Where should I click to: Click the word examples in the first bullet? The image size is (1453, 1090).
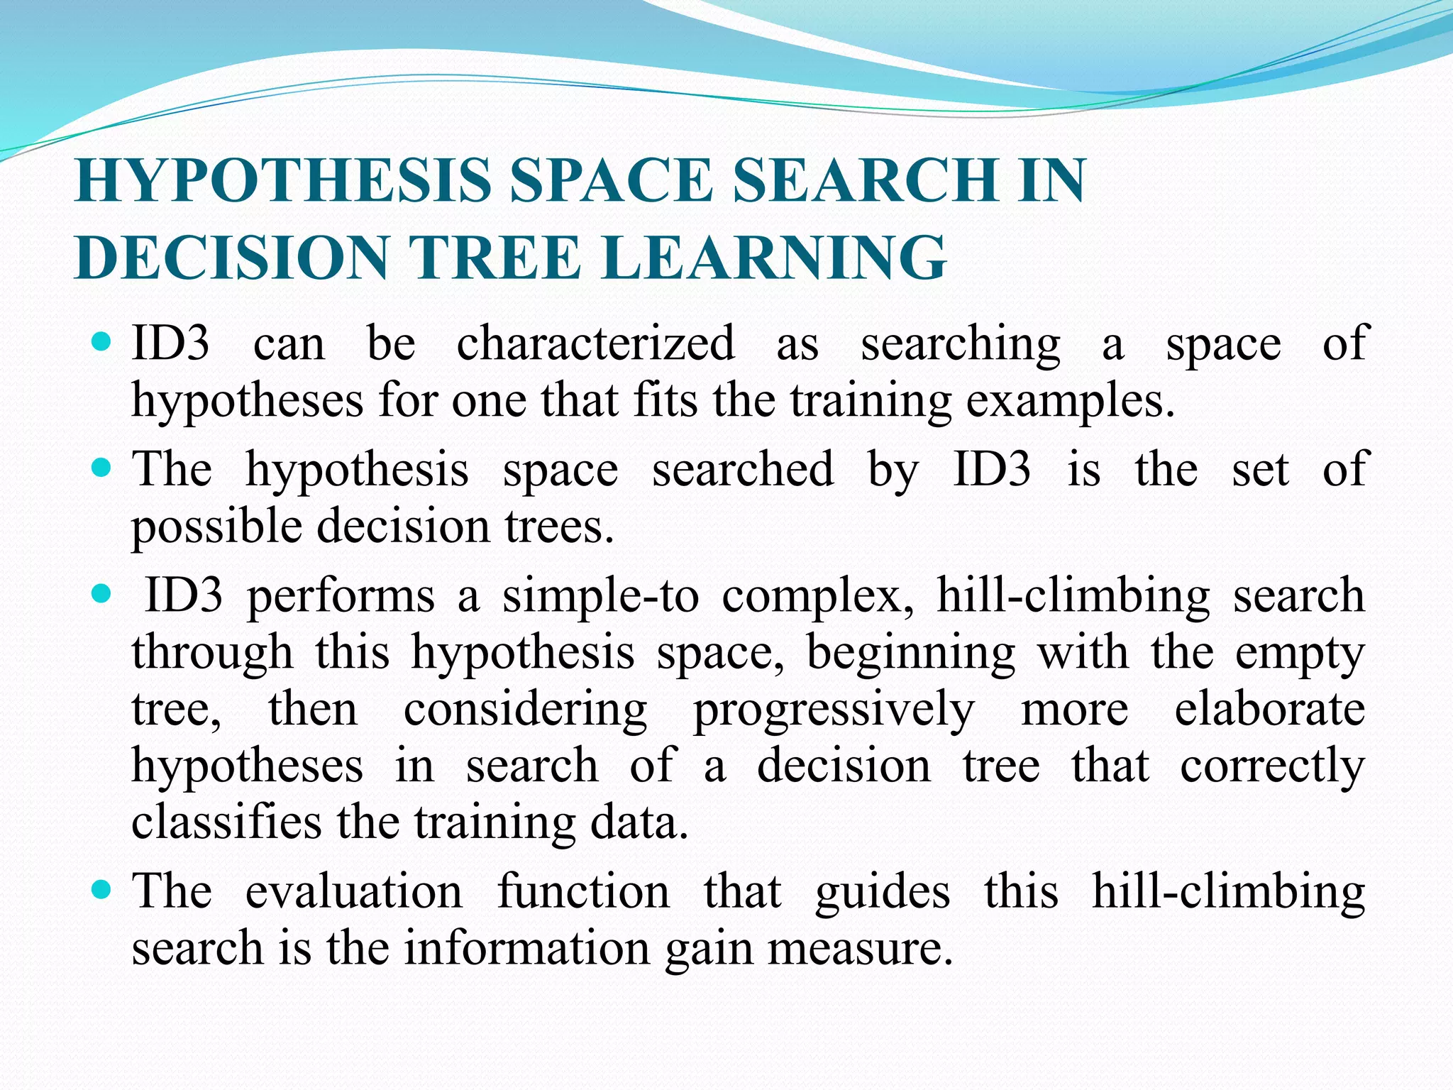pos(1065,402)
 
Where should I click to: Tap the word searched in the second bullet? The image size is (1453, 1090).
pos(743,470)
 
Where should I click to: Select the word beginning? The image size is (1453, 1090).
pos(911,653)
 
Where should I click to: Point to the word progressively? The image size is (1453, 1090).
pos(834,710)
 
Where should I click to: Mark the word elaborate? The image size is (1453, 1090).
pos(1269,710)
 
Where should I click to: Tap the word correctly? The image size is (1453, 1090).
pos(1272,766)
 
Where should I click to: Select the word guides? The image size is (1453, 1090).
pos(882,891)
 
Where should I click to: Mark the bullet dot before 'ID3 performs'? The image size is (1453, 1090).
pos(102,593)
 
